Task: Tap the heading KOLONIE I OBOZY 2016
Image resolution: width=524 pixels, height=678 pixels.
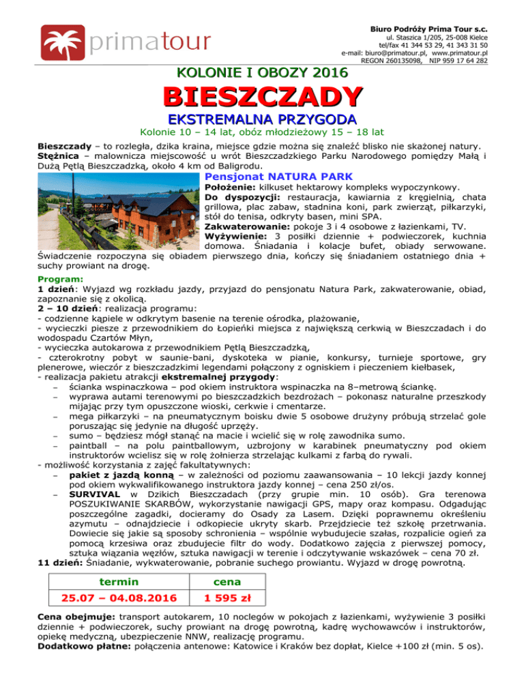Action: click(x=262, y=72)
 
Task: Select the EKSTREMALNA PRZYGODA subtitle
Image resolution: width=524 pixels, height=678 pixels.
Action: click(x=262, y=118)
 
